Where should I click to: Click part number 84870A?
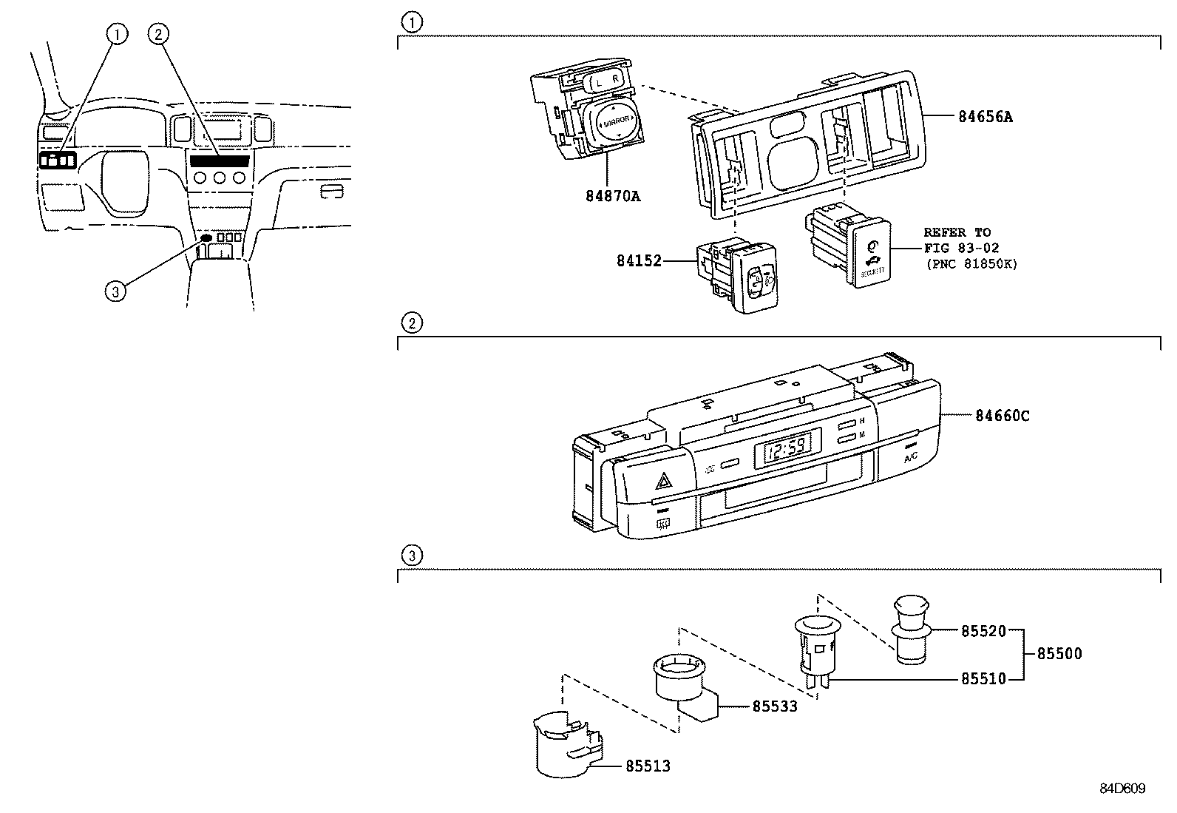(612, 197)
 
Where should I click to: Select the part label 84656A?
(985, 116)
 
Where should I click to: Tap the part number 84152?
(639, 260)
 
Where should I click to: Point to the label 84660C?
(1002, 416)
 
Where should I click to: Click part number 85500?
(1059, 654)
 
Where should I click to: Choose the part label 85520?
(983, 632)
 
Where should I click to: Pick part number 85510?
(983, 678)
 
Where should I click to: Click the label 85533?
(775, 706)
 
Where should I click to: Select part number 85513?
(648, 766)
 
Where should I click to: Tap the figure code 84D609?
(1122, 789)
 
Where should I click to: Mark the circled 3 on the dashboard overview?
(114, 291)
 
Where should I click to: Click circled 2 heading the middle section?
(411, 323)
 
